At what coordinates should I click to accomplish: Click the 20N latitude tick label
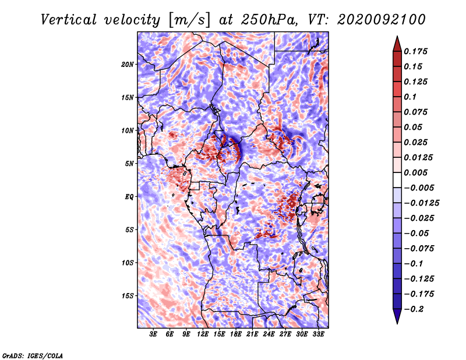click(128, 65)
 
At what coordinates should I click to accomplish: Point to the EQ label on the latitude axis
click(129, 197)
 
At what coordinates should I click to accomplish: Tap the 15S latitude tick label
click(128, 296)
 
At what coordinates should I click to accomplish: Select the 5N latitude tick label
click(129, 164)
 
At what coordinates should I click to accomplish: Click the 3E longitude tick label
click(153, 334)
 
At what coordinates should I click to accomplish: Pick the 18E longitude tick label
click(236, 334)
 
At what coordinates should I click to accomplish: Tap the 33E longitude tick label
click(318, 334)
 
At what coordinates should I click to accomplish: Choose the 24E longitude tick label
click(269, 334)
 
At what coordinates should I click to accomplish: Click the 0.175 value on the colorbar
click(415, 51)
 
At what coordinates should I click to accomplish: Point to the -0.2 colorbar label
click(414, 309)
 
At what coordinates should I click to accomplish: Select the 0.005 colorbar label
click(415, 172)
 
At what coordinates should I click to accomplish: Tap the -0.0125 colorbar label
click(421, 203)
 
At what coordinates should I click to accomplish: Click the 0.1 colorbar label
click(410, 97)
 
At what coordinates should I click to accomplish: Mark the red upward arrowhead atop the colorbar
click(397, 44)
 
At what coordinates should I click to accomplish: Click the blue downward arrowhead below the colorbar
click(397, 316)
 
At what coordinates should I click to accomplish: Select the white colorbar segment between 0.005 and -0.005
click(397, 180)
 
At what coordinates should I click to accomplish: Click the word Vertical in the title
click(69, 20)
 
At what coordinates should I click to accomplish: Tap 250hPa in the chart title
click(269, 20)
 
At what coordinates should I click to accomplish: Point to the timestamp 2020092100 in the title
click(382, 20)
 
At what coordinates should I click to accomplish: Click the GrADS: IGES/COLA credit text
click(33, 356)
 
